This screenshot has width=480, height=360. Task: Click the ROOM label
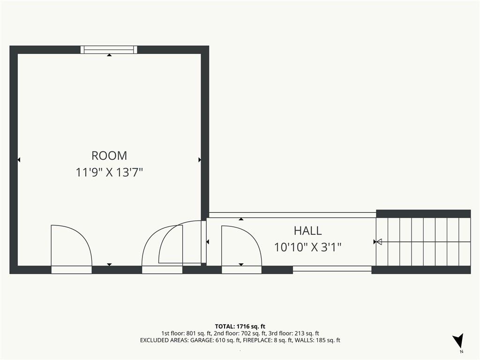pyautogui.click(x=109, y=156)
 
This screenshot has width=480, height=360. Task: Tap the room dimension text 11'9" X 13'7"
pyautogui.click(x=109, y=172)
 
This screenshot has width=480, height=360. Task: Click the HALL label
pyautogui.click(x=307, y=231)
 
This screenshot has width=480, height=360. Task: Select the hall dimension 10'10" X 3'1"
pyautogui.click(x=307, y=247)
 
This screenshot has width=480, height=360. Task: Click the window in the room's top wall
pyautogui.click(x=109, y=50)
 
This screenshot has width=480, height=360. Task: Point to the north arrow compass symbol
pyautogui.click(x=458, y=340)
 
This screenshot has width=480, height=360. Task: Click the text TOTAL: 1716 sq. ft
pyautogui.click(x=240, y=326)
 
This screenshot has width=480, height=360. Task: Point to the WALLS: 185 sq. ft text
pyautogui.click(x=317, y=340)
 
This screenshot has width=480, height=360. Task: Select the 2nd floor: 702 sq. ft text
pyautogui.click(x=241, y=333)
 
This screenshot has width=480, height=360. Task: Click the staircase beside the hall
pyautogui.click(x=423, y=242)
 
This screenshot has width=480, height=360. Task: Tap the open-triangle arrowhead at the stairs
pyautogui.click(x=379, y=242)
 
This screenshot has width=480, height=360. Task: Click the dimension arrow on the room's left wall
pyautogui.click(x=19, y=160)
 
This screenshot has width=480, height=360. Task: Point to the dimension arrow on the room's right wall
pyautogui.click(x=200, y=160)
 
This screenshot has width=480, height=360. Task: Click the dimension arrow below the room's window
pyautogui.click(x=109, y=55)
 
